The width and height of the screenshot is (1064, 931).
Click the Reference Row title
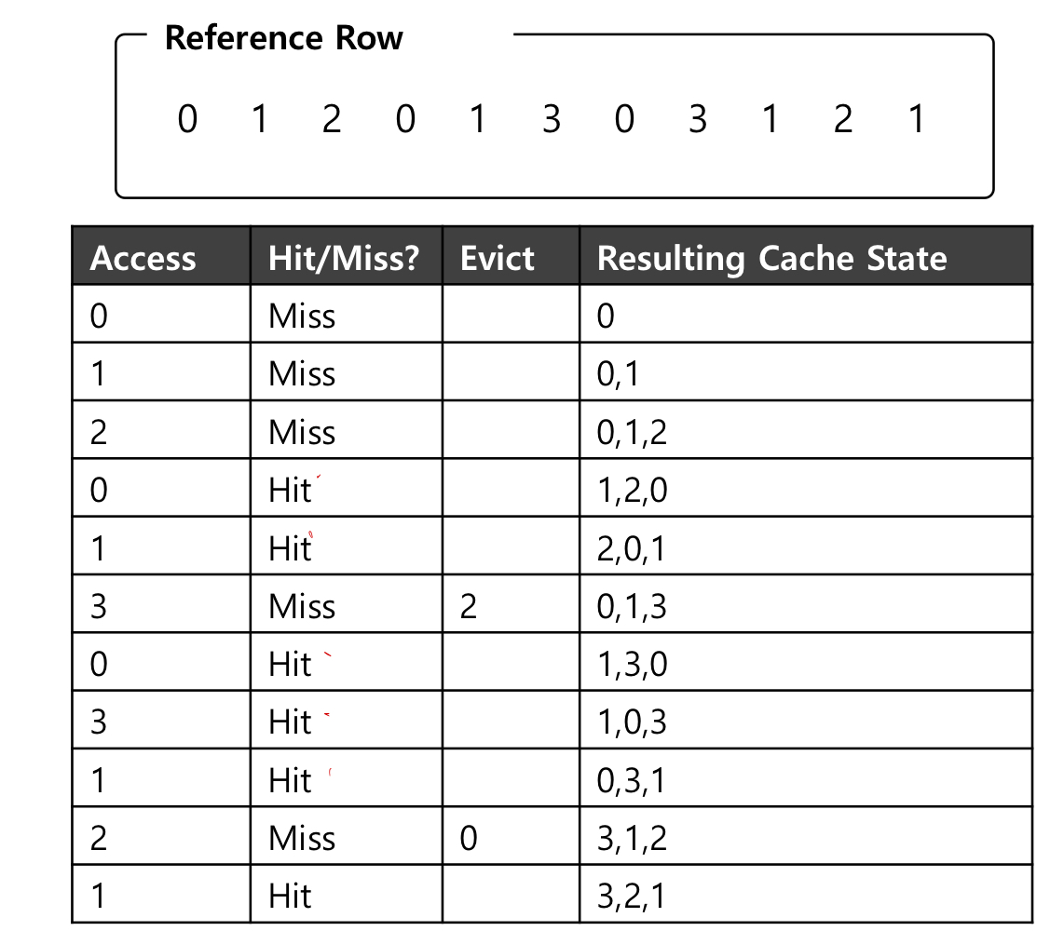click(283, 38)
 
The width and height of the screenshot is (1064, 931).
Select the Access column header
click(143, 258)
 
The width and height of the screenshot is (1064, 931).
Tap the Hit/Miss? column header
click(344, 258)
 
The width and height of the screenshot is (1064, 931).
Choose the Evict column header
click(498, 258)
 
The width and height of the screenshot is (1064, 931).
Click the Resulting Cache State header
click(771, 258)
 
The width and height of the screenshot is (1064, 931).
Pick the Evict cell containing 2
click(469, 607)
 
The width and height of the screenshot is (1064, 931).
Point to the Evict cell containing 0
click(469, 839)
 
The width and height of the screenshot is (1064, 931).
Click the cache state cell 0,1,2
click(633, 433)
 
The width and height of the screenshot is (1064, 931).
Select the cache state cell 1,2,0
click(633, 491)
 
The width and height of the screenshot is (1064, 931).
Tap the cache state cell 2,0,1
click(633, 549)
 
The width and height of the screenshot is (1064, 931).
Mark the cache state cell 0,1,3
click(633, 607)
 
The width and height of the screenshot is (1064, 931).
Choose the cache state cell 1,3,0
click(633, 665)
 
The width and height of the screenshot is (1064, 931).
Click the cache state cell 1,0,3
click(633, 722)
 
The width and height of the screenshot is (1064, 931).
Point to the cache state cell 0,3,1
click(633, 781)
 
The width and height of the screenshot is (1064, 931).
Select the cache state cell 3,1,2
click(633, 839)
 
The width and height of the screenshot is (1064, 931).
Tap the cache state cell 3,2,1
click(633, 897)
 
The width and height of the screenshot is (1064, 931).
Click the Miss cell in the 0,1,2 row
click(302, 433)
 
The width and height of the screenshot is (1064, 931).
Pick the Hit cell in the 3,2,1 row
click(290, 897)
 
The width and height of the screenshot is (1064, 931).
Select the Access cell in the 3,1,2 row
click(99, 839)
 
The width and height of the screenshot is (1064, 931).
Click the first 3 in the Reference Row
click(551, 120)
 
